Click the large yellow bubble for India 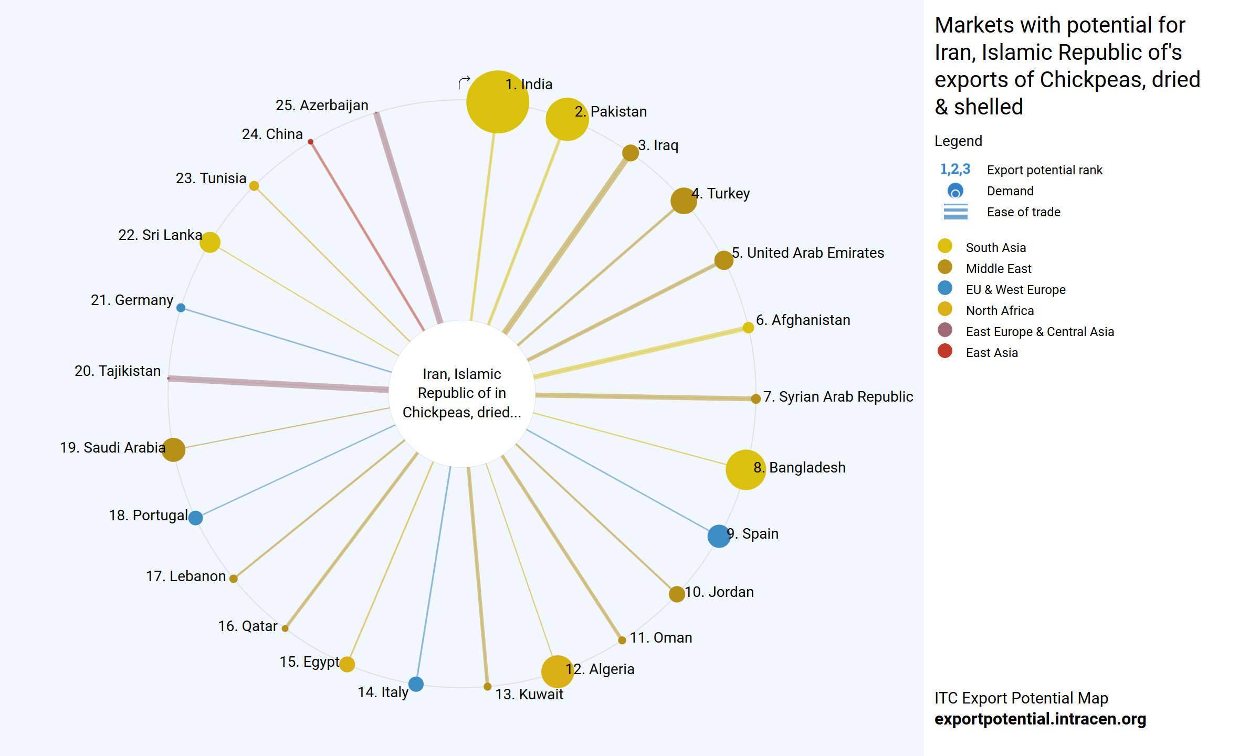click(497, 102)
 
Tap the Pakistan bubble click(567, 119)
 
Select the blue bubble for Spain click(719, 536)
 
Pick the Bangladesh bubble click(745, 470)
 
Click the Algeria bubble click(557, 671)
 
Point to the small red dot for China click(311, 142)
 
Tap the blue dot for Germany click(181, 308)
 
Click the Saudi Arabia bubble click(173, 449)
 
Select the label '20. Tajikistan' click(118, 371)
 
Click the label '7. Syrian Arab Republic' click(838, 397)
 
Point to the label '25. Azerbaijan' click(322, 106)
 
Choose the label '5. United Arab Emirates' click(808, 253)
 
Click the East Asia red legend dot click(944, 351)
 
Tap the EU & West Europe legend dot click(944, 288)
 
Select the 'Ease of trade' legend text click(1023, 212)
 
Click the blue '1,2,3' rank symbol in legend click(955, 170)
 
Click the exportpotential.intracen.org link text click(1040, 719)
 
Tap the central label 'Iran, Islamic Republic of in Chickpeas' click(462, 393)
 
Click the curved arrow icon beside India click(464, 83)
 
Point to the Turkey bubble click(684, 201)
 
